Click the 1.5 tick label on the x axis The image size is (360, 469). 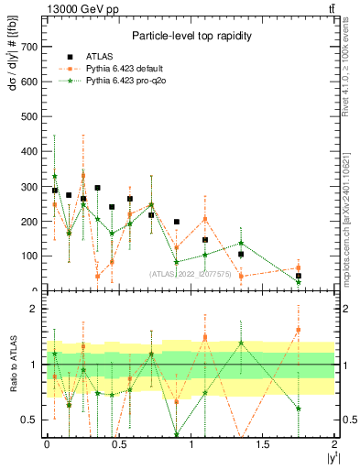point(263,443)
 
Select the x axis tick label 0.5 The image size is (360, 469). point(119,443)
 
